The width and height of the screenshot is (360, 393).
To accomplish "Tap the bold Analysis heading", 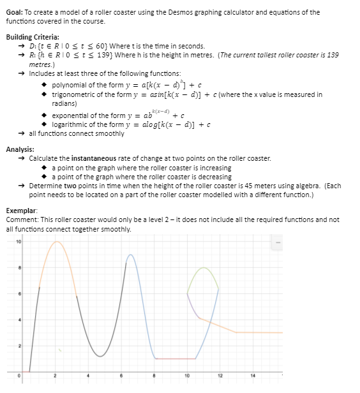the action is point(19,149).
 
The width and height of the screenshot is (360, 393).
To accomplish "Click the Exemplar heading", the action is point(20,209).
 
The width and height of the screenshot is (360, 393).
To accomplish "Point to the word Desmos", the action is point(177,12).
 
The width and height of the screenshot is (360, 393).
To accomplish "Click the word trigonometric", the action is point(74,94).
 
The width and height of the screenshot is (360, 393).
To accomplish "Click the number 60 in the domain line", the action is point(102,46).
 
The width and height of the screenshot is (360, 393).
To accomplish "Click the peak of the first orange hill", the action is point(57,242).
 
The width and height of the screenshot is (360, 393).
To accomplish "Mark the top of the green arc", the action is point(204,268).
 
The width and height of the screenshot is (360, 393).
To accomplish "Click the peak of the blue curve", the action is point(130,255).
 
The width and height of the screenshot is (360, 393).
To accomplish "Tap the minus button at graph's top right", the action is point(277,242).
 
